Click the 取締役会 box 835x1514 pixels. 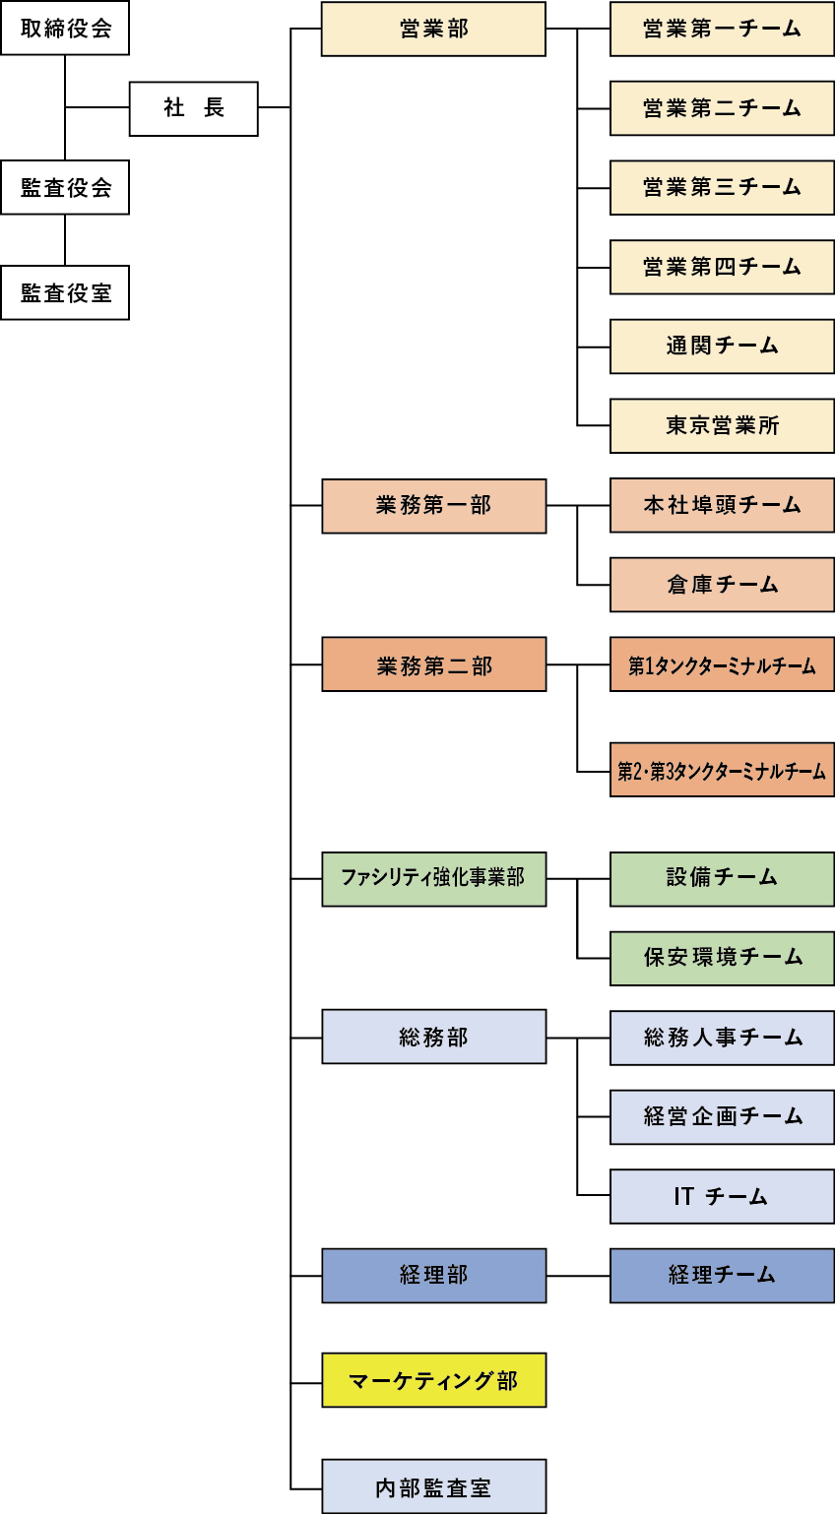tap(65, 29)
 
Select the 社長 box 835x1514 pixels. tap(193, 108)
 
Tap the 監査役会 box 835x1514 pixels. tap(65, 187)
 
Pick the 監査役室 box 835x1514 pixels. tap(65, 292)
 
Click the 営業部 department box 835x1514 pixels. tap(433, 29)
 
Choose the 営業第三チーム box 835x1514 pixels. tap(722, 187)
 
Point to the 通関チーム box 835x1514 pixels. tap(722, 346)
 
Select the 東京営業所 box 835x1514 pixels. tap(722, 425)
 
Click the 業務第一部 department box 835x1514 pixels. tap(433, 506)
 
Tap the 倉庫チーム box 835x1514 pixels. tap(722, 585)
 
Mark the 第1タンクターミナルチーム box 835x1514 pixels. tap(722, 664)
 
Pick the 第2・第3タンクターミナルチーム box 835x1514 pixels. tap(722, 770)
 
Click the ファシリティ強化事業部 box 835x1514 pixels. tap(433, 878)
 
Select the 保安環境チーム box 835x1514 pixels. tap(722, 958)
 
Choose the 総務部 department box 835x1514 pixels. tap(433, 1037)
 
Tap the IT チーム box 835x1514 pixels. tap(722, 1196)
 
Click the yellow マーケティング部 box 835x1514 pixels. tap(433, 1380)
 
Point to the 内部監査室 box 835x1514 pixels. tap(433, 1486)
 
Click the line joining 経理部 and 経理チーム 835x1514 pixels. tap(578, 1276)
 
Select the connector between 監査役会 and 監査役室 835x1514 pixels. tap(65, 239)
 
